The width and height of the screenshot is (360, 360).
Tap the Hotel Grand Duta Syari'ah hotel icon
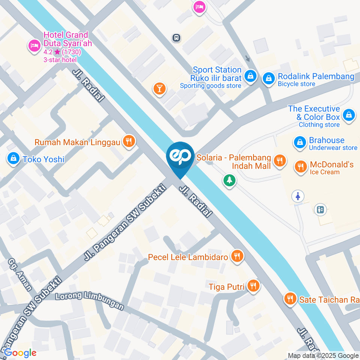pos(34,46)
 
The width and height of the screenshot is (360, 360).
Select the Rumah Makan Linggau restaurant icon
pos(130,141)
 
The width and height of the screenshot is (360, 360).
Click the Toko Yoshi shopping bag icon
pos(13,158)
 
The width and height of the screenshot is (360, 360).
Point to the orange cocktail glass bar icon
pos(159,88)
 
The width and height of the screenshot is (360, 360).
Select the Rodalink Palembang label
pos(316,76)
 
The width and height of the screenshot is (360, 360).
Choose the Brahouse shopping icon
pos(300,142)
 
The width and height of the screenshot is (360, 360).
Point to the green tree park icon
pos(229,181)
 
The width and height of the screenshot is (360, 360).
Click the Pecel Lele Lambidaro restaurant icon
pos(237,256)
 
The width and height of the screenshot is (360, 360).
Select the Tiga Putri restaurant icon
pos(254,286)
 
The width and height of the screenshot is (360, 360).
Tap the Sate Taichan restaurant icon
pos(289,298)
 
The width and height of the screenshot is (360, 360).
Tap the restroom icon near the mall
pos(298,196)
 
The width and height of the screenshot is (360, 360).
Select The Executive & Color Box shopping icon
pos(349,115)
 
